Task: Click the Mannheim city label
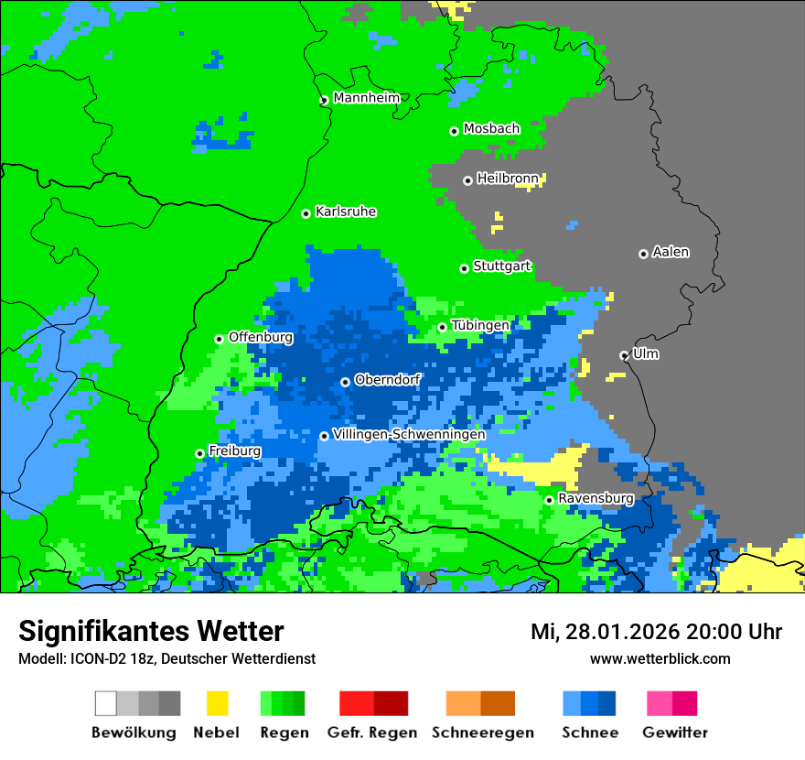coord(366,98)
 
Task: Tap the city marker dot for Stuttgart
coord(465,268)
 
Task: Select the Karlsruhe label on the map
coord(345,212)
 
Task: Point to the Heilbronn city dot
coord(467,180)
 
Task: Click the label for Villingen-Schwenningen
coord(409,434)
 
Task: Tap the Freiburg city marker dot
coord(199,453)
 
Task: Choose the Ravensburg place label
coord(596,498)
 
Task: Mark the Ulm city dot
coord(624,355)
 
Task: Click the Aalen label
coord(671,252)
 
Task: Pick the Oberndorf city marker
coord(345,382)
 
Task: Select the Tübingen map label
coord(480,325)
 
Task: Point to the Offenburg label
coord(261,337)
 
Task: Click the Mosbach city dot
coord(454,131)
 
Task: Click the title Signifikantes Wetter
coord(151,631)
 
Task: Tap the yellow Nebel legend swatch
coord(217,703)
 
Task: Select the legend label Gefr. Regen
coord(372,733)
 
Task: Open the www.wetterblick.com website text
coord(660,658)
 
